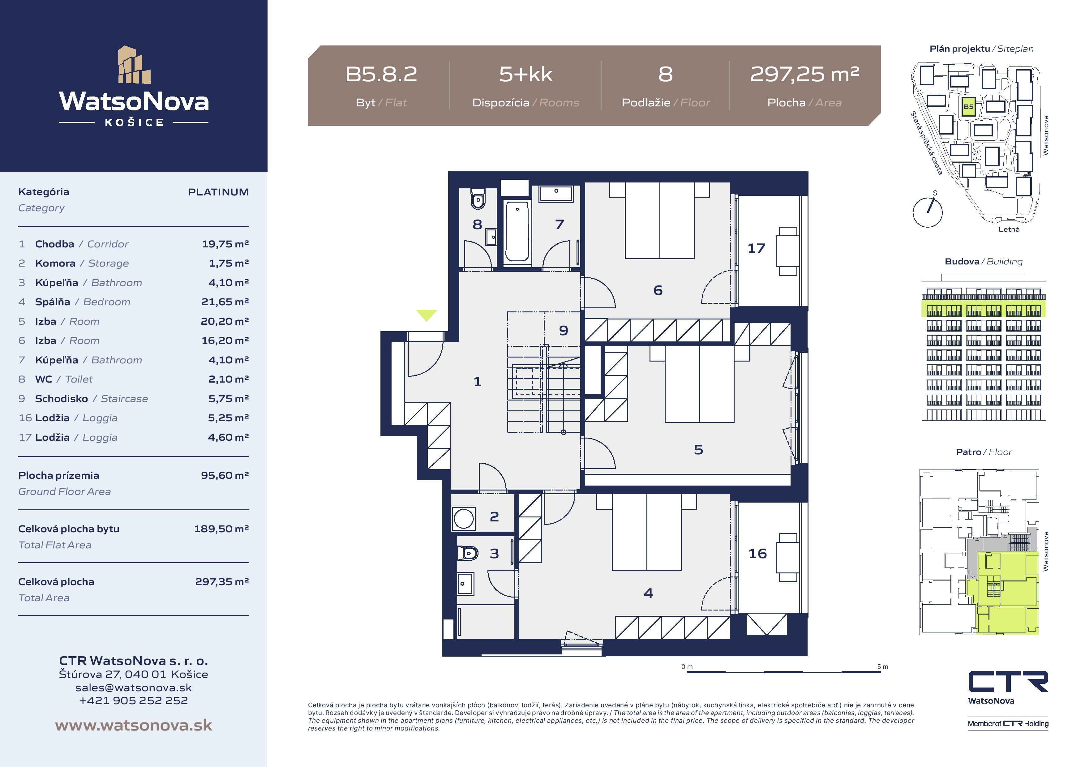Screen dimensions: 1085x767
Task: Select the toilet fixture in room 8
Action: click(478, 199)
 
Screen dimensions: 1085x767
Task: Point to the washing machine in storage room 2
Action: click(464, 518)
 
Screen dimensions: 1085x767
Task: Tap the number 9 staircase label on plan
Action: click(563, 330)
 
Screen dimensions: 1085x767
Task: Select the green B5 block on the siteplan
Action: click(968, 106)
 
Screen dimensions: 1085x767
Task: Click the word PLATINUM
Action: click(218, 192)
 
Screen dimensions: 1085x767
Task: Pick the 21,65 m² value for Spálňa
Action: click(225, 302)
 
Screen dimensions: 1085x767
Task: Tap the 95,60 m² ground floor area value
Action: click(225, 475)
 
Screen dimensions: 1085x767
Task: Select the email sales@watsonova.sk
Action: click(134, 688)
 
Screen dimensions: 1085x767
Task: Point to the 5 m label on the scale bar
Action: click(882, 667)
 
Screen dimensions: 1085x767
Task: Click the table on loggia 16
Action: click(788, 558)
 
